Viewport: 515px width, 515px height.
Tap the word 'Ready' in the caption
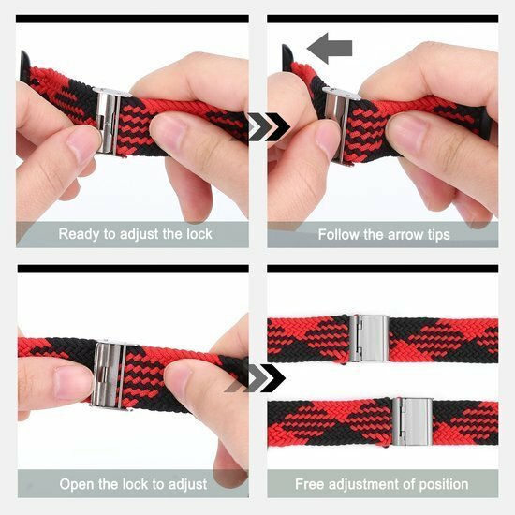click(x=80, y=233)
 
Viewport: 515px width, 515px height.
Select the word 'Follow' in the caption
click(x=339, y=233)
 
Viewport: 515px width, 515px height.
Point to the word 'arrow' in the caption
click(x=408, y=233)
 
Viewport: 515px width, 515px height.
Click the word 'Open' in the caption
click(x=78, y=484)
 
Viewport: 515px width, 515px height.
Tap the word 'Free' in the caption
click(x=310, y=484)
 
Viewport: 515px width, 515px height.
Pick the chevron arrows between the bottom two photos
click(x=265, y=377)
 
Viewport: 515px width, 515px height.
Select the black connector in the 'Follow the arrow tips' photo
click(x=288, y=58)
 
